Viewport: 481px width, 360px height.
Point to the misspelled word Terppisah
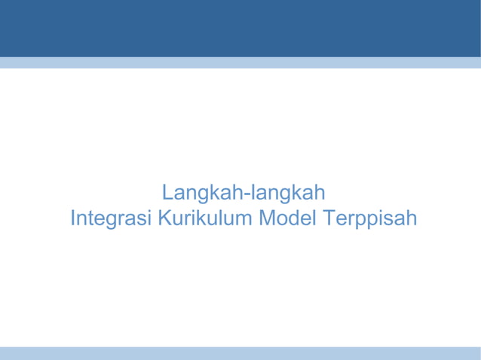369,219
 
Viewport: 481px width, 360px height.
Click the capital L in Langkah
168,192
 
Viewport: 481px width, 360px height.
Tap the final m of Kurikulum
246,221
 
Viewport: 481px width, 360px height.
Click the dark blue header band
240,28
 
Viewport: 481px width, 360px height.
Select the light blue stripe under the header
240,63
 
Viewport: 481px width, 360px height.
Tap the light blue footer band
240,352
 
